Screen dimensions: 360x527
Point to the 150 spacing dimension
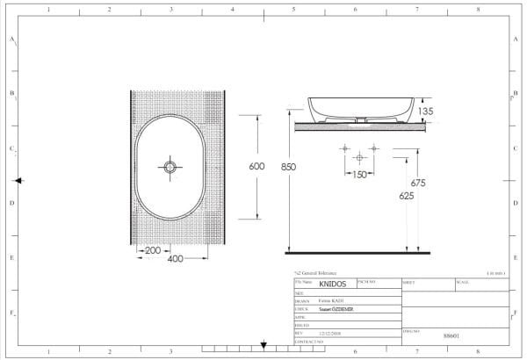point(359,175)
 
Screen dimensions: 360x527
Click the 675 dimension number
point(417,184)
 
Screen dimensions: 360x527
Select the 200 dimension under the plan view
point(152,250)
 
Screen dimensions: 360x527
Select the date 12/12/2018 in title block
point(330,333)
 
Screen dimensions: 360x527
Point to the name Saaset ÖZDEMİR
point(336,309)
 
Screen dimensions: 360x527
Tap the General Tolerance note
point(316,274)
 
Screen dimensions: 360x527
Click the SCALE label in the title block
point(462,282)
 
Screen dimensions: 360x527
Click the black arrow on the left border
point(19,181)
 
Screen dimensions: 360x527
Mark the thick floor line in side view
point(360,253)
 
